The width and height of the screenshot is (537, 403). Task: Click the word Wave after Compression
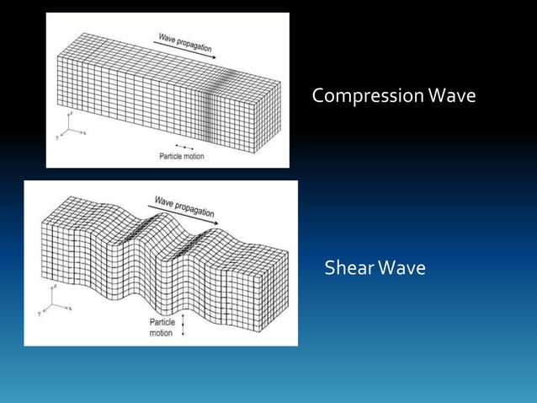click(451, 97)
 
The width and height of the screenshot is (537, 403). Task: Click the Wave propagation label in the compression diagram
click(185, 41)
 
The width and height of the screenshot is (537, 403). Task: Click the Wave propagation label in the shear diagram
click(183, 207)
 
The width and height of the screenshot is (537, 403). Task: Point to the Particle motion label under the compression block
click(181, 156)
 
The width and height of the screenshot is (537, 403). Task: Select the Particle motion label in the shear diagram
click(162, 327)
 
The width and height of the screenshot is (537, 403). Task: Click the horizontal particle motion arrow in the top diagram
click(184, 148)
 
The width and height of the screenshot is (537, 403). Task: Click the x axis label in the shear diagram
click(70, 309)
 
